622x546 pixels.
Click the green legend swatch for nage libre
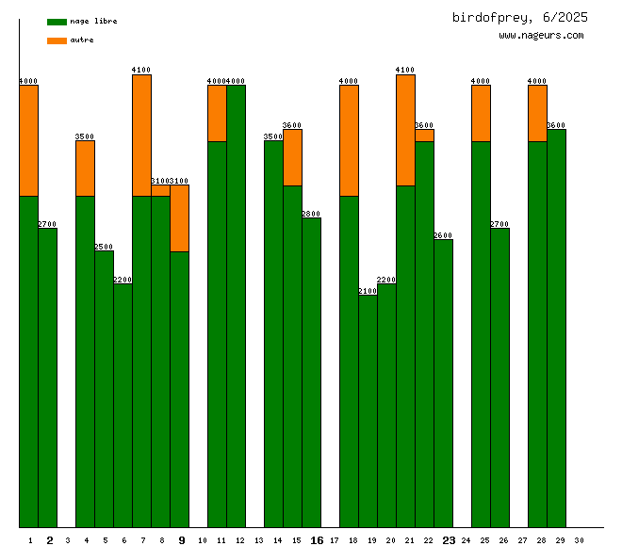[x=57, y=21]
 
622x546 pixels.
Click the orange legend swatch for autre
[x=57, y=40]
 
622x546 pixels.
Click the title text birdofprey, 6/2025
[x=519, y=17]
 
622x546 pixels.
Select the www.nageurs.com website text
[x=541, y=36]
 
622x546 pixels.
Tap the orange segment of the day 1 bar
[x=28, y=140]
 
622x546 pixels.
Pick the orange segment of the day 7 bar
[x=141, y=135]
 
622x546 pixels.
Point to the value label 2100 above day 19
[x=368, y=291]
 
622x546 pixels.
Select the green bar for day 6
[x=123, y=405]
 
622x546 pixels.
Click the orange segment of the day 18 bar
[x=349, y=140]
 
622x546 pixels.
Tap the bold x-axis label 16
[x=317, y=540]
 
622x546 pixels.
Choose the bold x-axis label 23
[x=449, y=540]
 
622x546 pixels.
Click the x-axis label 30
[x=578, y=540]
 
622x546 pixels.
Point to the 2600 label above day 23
[x=443, y=235]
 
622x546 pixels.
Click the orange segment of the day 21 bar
[x=405, y=129]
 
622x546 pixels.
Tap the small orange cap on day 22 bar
[x=424, y=136]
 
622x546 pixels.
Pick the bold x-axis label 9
[x=182, y=540]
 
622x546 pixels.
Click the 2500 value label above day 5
[x=104, y=247]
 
